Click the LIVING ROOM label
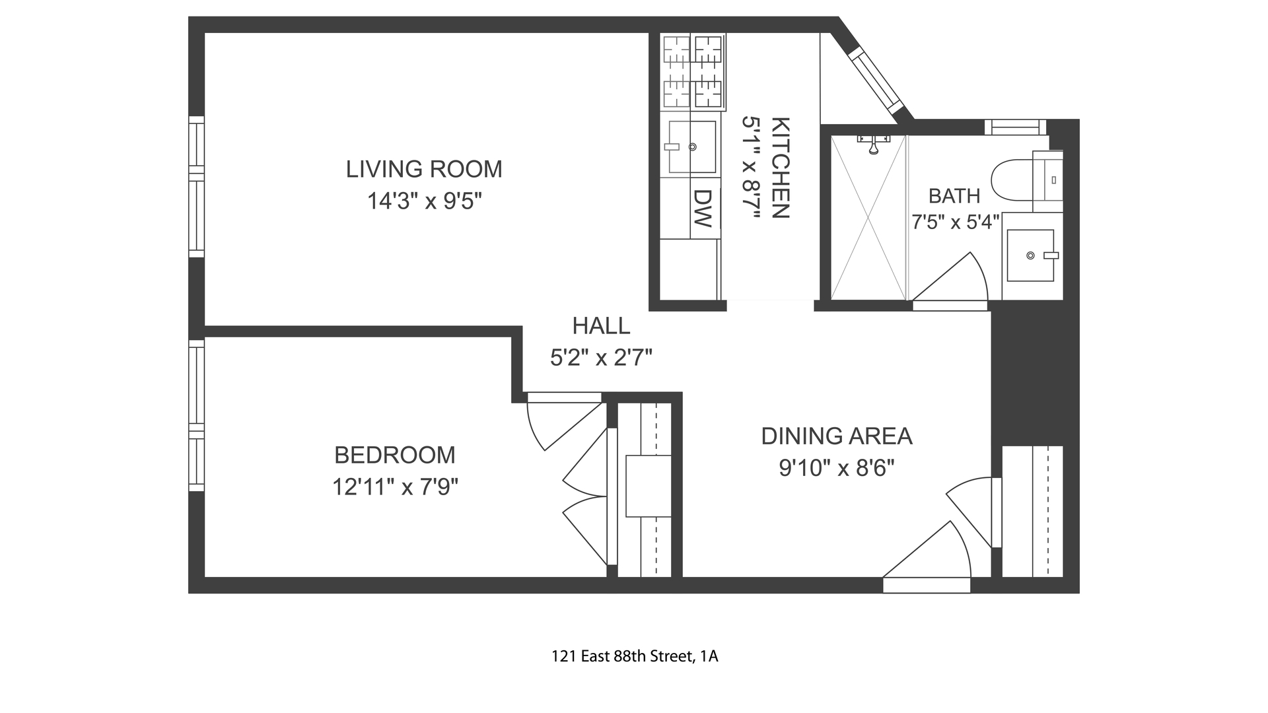click(424, 169)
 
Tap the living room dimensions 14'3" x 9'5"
click(424, 201)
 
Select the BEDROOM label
click(395, 455)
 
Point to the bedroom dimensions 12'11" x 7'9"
click(395, 487)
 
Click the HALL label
click(601, 325)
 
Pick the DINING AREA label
click(837, 436)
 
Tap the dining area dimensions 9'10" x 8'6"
click(837, 468)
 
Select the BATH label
click(954, 196)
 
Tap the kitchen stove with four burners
click(693, 71)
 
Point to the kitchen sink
click(691, 147)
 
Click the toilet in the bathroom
click(1027, 179)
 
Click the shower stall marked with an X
click(868, 217)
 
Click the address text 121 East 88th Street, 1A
click(635, 657)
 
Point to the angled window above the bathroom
click(876, 82)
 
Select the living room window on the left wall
click(196, 187)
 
